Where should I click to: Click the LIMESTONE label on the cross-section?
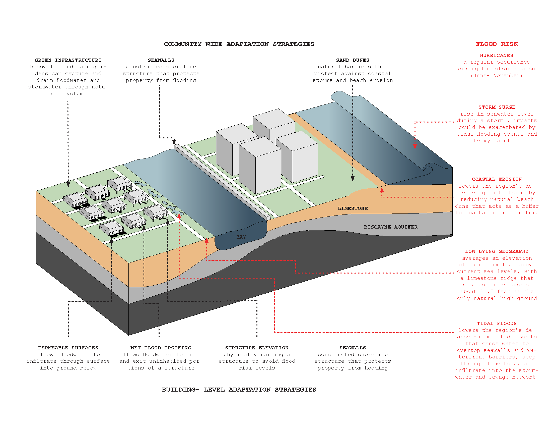[353, 208]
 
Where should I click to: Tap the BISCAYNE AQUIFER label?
[390, 227]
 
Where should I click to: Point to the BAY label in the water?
[241, 237]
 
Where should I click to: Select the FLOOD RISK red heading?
[497, 44]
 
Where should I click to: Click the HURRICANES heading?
[496, 56]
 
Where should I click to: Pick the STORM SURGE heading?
[497, 107]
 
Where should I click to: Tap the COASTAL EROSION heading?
[497, 179]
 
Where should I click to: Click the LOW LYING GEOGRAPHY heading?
[497, 251]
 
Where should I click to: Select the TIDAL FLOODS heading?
[497, 324]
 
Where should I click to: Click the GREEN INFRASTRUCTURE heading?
[68, 60]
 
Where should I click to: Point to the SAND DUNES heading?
[353, 60]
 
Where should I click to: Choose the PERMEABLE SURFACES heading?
[68, 348]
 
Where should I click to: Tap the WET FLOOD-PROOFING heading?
[161, 348]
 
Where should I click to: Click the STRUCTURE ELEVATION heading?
[257, 348]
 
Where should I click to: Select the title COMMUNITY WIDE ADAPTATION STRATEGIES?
[239, 44]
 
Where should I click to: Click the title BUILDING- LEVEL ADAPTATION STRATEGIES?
[239, 390]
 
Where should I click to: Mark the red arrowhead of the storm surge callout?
[415, 146]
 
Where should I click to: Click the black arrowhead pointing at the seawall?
[174, 142]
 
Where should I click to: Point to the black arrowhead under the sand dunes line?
[353, 179]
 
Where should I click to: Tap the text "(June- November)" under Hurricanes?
[496, 75]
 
